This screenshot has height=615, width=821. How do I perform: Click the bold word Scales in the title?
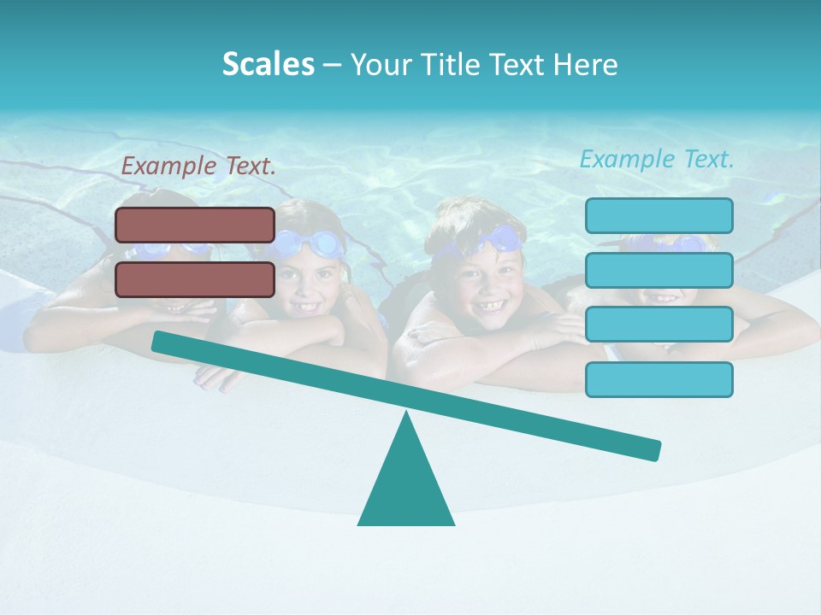(268, 65)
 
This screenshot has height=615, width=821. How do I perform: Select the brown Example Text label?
(198, 167)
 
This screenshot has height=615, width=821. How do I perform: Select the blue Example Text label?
(657, 159)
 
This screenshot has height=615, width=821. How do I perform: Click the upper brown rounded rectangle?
(195, 225)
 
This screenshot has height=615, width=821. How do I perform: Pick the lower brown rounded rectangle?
(195, 279)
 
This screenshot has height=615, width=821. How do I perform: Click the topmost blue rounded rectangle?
(659, 215)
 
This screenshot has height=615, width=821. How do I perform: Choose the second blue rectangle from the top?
(659, 270)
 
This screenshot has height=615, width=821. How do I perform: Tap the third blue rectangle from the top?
(659, 325)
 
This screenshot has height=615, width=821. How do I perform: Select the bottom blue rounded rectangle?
(659, 379)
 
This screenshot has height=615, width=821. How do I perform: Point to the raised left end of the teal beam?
(159, 341)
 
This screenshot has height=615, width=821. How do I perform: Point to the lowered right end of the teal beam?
(653, 449)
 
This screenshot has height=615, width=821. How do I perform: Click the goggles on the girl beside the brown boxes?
(311, 244)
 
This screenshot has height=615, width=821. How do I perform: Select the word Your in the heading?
(381, 65)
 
